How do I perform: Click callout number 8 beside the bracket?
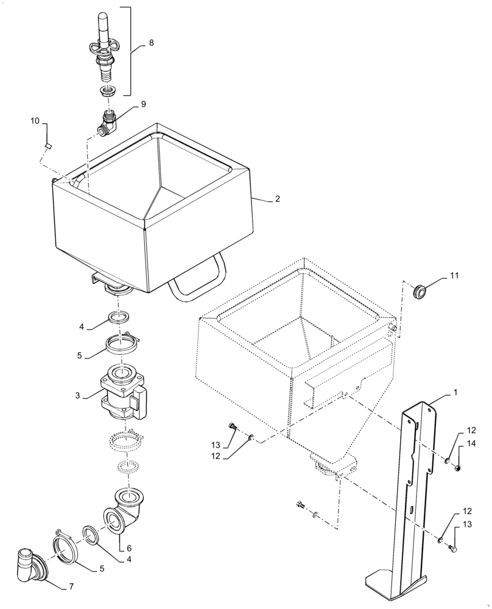point(151,44)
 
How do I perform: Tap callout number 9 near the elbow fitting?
point(144,104)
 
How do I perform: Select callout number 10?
point(35,122)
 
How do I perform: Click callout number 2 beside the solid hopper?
point(277,199)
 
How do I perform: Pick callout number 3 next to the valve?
point(78,395)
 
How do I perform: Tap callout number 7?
point(71,586)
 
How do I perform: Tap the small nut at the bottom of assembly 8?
point(108,92)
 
